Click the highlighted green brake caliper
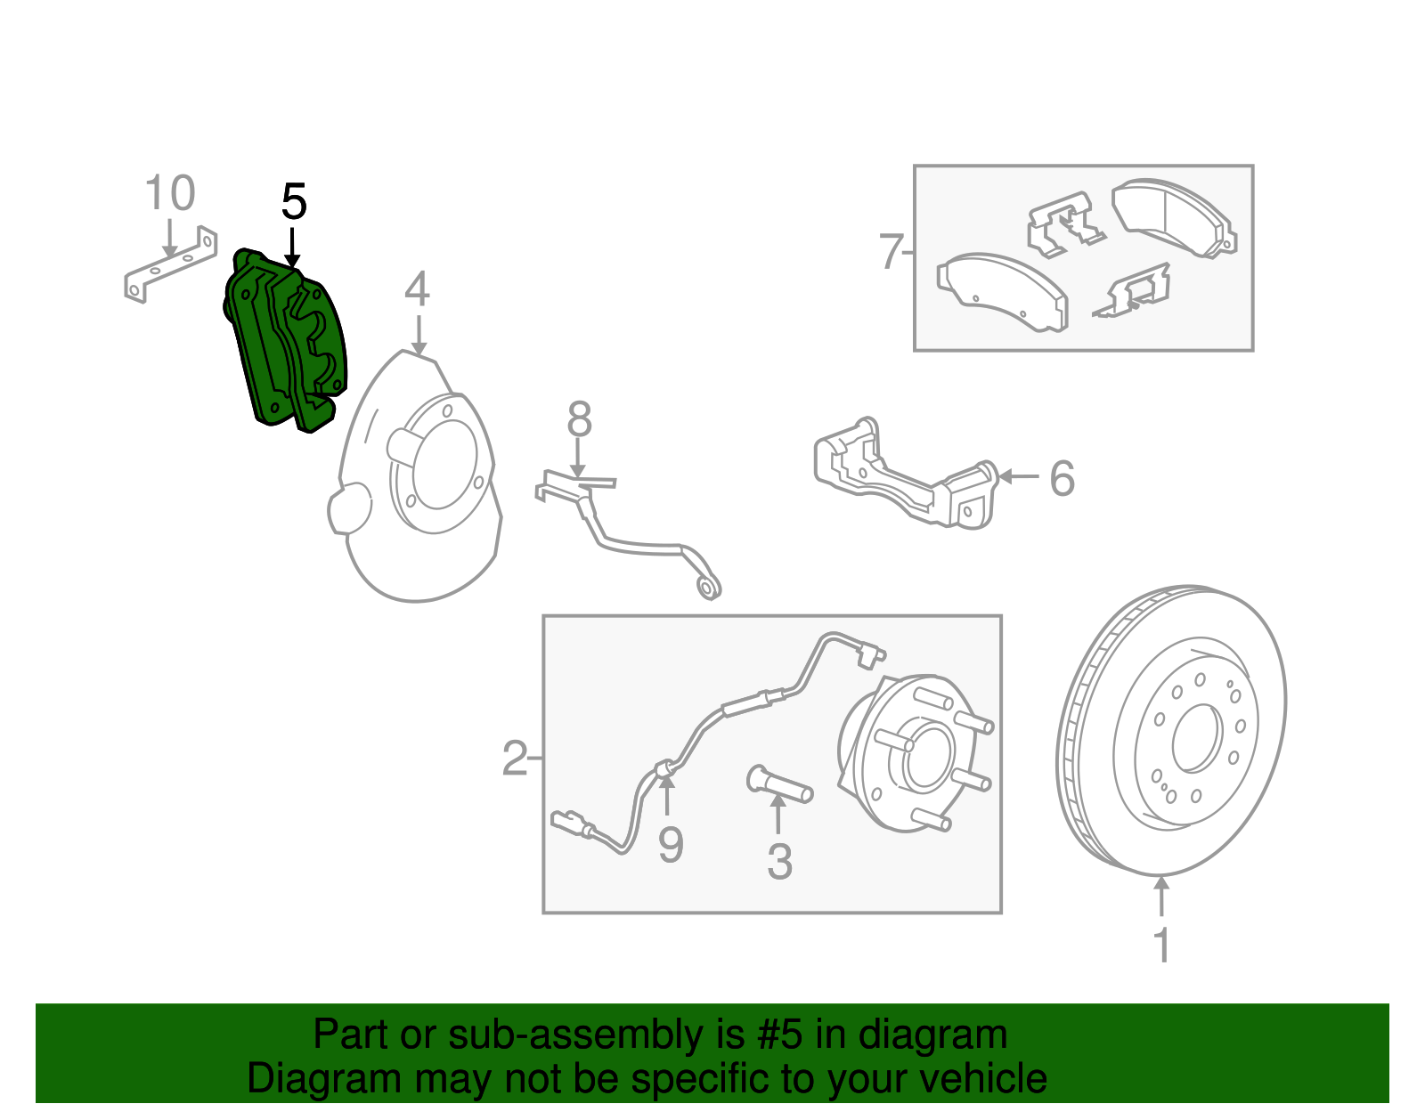[283, 343]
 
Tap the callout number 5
[294, 202]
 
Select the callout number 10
[169, 193]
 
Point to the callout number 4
[417, 289]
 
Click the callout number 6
[1062, 478]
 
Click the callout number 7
[891, 252]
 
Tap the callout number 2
[514, 759]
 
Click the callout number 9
[670, 844]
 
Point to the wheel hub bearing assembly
[913, 752]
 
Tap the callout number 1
[1161, 946]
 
